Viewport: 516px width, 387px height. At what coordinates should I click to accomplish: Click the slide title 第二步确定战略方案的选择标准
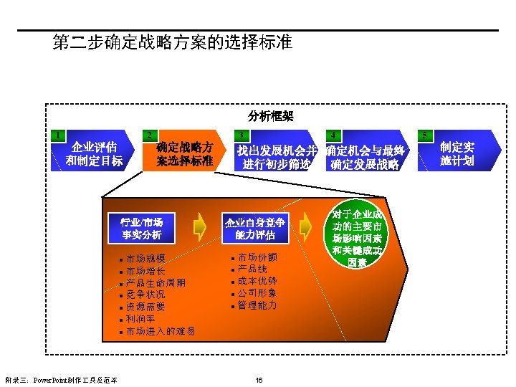click(x=172, y=42)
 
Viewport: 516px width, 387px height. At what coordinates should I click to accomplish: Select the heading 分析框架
click(x=271, y=115)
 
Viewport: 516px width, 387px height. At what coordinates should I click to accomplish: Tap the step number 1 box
click(x=58, y=135)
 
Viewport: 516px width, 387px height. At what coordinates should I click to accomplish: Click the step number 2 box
click(x=148, y=135)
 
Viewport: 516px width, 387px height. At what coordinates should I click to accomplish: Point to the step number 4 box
click(x=333, y=135)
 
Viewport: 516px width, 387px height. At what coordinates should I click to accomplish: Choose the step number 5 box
click(x=425, y=135)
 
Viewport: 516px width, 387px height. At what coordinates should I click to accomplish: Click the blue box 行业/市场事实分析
click(x=141, y=228)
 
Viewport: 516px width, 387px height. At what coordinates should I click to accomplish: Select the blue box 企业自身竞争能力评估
click(x=255, y=228)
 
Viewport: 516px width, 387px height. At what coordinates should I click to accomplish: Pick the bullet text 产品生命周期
click(x=156, y=282)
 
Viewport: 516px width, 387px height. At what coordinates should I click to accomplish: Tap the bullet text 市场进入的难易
click(x=161, y=331)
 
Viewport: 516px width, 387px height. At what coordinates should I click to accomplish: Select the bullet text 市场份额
click(x=257, y=257)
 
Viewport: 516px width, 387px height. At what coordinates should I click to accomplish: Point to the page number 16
click(x=259, y=379)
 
